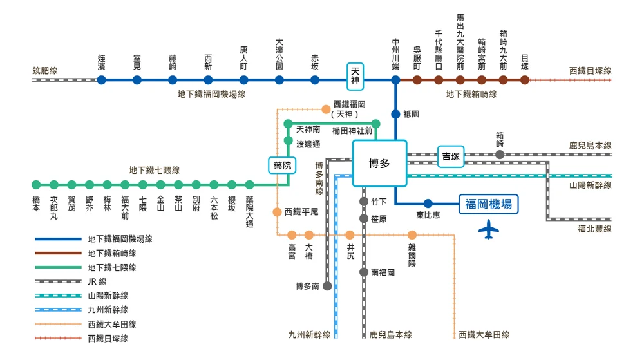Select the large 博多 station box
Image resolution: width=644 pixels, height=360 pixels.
coord(379,163)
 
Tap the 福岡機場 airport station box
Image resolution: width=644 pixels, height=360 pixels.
coord(488,204)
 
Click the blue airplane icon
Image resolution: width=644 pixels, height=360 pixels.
coord(489,229)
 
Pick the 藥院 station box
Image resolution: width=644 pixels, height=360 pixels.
coord(282,166)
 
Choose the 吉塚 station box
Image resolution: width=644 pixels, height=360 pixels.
coord(450,156)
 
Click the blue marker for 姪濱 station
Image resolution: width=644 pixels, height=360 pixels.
coord(101,81)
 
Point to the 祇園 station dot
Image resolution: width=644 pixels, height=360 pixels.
coord(395,115)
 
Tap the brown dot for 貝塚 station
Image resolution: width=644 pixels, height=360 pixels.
coord(525,80)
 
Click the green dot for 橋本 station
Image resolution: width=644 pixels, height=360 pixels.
coord(36,185)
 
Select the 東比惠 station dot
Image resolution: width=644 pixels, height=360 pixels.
coord(428,204)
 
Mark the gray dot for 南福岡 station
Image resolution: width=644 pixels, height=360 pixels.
coord(364,272)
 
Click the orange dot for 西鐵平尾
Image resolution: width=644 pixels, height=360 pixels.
coord(277,212)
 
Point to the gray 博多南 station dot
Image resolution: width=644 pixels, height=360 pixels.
coord(327,286)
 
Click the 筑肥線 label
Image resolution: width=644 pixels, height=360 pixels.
coord(45,71)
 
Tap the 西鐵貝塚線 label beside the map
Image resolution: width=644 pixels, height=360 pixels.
coord(590,71)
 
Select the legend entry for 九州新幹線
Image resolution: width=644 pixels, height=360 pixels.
coord(107,310)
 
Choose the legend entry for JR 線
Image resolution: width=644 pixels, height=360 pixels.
coord(97,281)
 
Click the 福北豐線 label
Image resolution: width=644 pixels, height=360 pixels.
coord(594,229)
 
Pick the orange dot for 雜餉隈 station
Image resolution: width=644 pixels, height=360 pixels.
coord(412,235)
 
